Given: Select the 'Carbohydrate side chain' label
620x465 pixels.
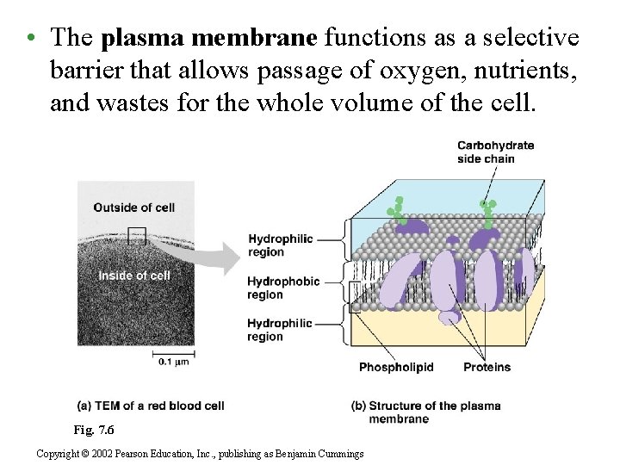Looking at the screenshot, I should point(495,152).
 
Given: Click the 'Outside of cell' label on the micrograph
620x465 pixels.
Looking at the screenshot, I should point(133,208).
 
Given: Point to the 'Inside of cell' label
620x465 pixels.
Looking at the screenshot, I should point(134,276).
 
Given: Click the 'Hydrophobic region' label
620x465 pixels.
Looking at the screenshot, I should point(283,288).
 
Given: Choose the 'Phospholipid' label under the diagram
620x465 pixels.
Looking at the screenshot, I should point(396,368).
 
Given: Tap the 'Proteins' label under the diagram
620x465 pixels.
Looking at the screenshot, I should point(487,368).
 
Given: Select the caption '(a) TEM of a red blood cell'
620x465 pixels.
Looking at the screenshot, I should point(151,406).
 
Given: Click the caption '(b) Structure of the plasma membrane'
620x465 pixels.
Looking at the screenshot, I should point(425,412).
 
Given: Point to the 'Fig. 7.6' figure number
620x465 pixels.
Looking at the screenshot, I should point(94,430).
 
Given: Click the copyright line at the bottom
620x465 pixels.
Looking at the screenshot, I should point(200,454).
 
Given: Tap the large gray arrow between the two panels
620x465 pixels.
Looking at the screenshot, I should point(219,255).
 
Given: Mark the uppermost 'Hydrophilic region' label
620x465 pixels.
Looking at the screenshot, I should point(280,245).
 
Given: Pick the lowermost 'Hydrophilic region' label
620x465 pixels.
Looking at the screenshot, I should point(280,330).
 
